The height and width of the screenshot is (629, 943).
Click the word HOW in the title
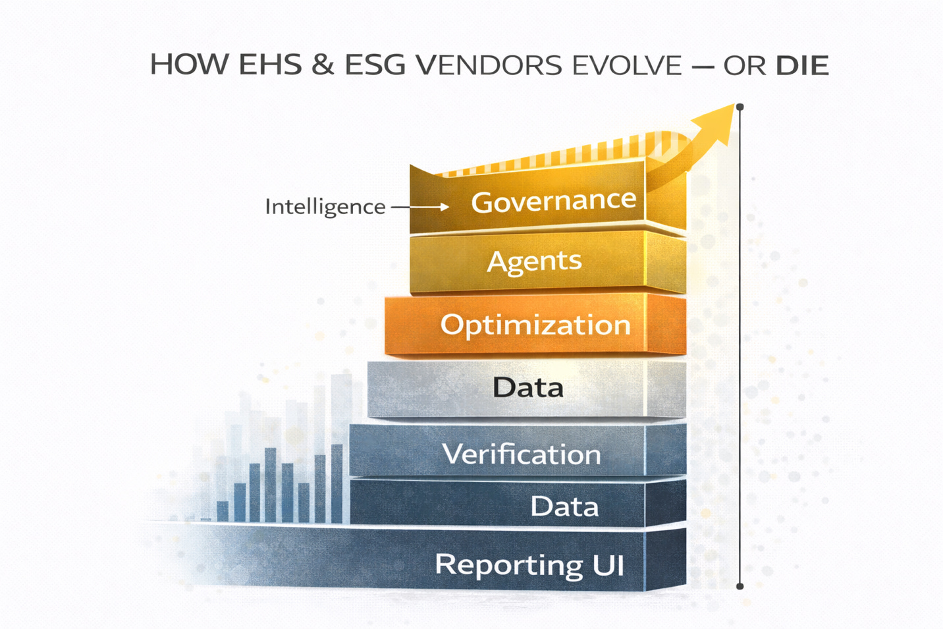coord(189,65)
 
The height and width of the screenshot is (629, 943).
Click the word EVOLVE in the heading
coord(627,65)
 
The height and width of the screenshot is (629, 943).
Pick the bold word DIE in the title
coord(801,65)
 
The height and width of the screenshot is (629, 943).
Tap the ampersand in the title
coord(322,65)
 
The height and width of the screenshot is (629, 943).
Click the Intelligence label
coord(325,207)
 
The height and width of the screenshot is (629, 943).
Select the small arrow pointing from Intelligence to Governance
coord(421,207)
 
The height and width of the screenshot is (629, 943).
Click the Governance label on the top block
coord(554,200)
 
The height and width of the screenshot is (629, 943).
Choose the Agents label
coord(534,261)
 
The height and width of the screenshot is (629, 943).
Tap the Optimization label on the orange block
coord(535,325)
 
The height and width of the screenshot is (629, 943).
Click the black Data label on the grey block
coord(528,387)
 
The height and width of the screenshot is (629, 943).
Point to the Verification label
coord(522,454)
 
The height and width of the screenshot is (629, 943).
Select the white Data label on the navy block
coord(564,506)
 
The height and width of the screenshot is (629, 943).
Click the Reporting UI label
coord(529,565)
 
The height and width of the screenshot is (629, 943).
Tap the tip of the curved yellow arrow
coord(732,106)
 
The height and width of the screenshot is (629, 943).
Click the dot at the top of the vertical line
coord(740,107)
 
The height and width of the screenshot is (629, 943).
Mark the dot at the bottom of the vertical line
coord(740,586)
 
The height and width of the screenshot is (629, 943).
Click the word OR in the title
coord(745,65)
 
